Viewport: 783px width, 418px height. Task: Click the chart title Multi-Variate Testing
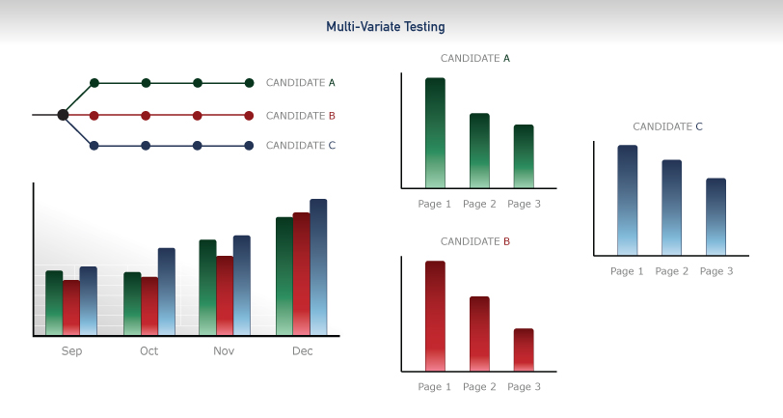pos(386,26)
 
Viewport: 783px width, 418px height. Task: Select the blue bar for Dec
pos(318,267)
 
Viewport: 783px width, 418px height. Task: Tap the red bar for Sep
pos(71,308)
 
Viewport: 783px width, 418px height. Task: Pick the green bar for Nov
pos(207,288)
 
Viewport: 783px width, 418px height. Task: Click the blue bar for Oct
pos(167,292)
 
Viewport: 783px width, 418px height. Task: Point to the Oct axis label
pos(148,351)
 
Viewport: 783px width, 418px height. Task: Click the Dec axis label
pos(303,351)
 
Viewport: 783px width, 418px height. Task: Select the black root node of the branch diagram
pos(63,115)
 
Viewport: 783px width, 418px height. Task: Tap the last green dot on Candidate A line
pos(249,83)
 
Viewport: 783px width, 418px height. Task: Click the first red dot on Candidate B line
pos(94,116)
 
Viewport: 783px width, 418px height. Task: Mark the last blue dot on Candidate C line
pos(249,146)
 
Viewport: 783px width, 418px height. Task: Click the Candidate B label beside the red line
pos(301,116)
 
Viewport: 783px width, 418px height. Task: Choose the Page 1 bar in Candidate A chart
pos(436,133)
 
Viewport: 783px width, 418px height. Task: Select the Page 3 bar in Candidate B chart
pos(524,350)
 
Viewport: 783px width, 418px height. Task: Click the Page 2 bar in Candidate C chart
pos(672,208)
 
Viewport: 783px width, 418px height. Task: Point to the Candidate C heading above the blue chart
pos(667,126)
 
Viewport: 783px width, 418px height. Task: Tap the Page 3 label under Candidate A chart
pos(524,204)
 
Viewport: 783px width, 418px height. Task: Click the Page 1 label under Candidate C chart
pos(627,271)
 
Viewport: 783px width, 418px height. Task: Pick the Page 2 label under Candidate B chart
pos(479,387)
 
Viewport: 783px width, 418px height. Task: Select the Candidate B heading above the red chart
pos(475,241)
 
